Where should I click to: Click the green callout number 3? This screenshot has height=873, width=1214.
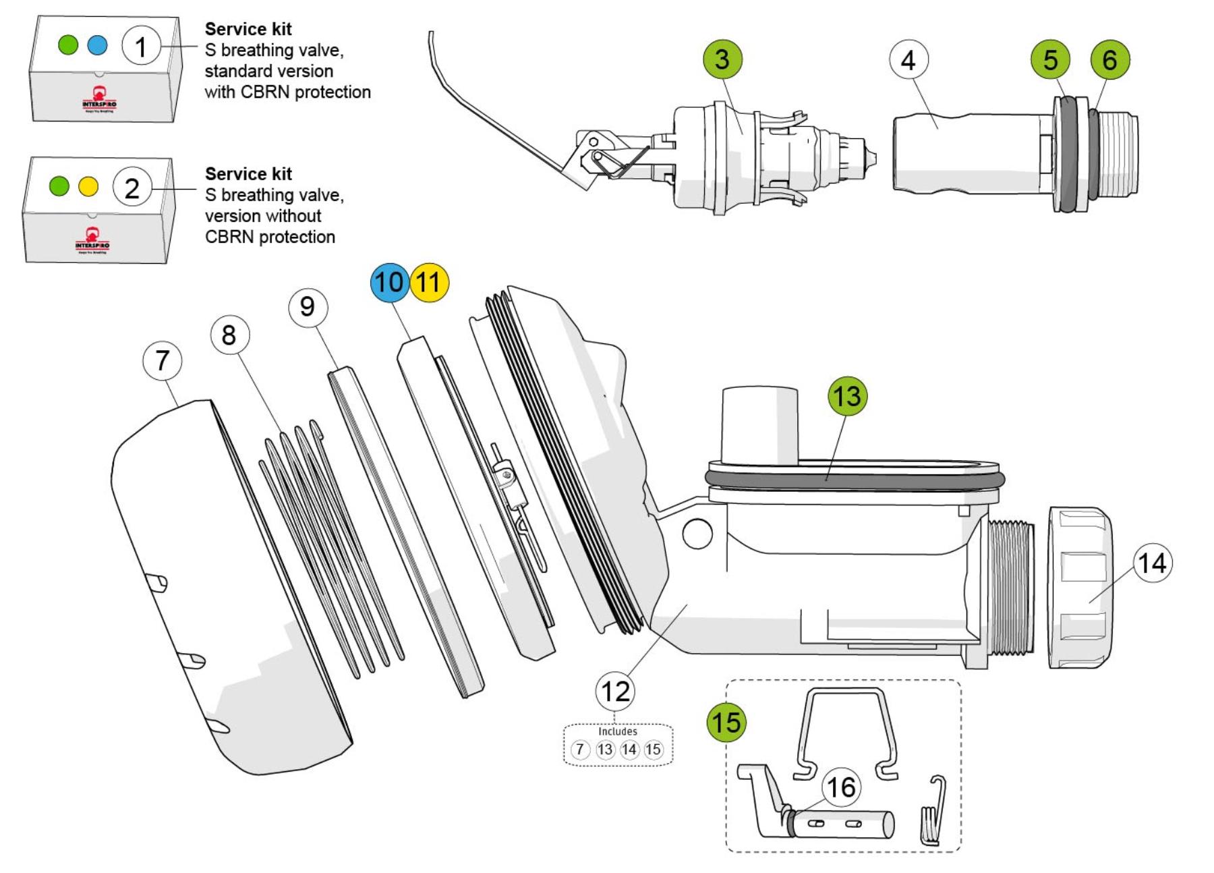point(722,59)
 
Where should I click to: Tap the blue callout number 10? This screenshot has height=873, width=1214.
point(389,282)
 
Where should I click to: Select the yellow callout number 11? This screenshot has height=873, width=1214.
point(429,282)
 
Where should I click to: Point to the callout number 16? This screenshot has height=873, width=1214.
point(840,787)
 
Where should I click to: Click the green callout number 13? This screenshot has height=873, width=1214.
point(847,396)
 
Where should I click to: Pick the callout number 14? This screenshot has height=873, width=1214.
point(1153,563)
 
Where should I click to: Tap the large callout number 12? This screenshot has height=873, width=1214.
point(614,692)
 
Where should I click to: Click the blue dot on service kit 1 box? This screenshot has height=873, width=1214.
point(98,45)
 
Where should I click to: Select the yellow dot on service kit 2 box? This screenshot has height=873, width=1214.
point(88,186)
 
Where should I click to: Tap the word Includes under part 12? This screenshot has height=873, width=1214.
point(617,731)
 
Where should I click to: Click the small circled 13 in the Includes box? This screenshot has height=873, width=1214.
point(605,750)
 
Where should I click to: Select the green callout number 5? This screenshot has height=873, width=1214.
point(1050,59)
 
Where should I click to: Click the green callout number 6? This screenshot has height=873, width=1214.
point(1109,59)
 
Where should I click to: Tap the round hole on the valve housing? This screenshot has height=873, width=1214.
point(697,534)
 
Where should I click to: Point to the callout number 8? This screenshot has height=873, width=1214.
point(229,335)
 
